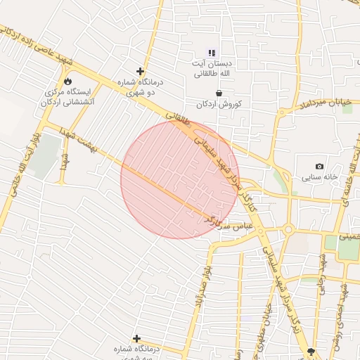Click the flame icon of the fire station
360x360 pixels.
tap(67, 81)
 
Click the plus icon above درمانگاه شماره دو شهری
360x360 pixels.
tap(141, 71)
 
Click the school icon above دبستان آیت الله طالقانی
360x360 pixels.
tap(212, 53)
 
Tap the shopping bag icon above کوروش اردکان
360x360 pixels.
tap(219, 93)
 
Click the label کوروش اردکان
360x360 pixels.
tap(220, 104)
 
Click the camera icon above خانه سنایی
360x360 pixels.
tap(320, 167)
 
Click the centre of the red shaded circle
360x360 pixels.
tap(180, 179)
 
